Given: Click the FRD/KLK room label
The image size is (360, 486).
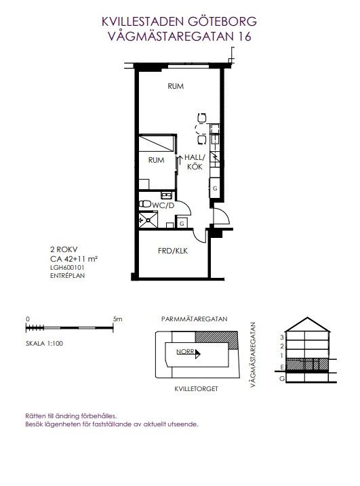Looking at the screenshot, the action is point(173,251).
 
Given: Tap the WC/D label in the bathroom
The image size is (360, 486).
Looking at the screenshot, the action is point(163,205).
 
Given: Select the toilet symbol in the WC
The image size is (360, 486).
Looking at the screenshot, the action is point(145,204).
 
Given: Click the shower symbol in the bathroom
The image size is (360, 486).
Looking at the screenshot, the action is point(148,220).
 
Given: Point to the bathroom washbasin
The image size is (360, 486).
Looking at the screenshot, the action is point(167,195).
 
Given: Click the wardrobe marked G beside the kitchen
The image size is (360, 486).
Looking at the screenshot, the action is point(215,188).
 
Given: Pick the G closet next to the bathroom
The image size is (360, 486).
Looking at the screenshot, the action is point(182,223).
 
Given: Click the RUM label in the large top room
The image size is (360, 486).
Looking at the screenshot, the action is point(176,86).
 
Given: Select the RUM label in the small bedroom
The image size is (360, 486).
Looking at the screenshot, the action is point(157,160).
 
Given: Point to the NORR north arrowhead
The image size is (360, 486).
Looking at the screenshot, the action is point(198,354).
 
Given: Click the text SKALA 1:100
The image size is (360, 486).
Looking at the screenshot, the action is point(44,344).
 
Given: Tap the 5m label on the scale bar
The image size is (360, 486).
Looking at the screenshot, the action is point(118,319).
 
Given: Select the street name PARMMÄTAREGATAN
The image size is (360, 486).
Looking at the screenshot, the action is point(195,319).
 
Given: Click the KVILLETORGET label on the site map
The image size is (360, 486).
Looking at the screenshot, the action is point(197,388).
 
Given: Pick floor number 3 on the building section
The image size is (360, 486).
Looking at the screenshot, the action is point(282,338).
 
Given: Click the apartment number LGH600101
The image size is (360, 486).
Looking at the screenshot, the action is point(67,268).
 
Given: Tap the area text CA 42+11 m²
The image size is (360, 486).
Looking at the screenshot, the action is point(74,259).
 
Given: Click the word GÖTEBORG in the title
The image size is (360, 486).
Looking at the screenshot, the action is point(222,22).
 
